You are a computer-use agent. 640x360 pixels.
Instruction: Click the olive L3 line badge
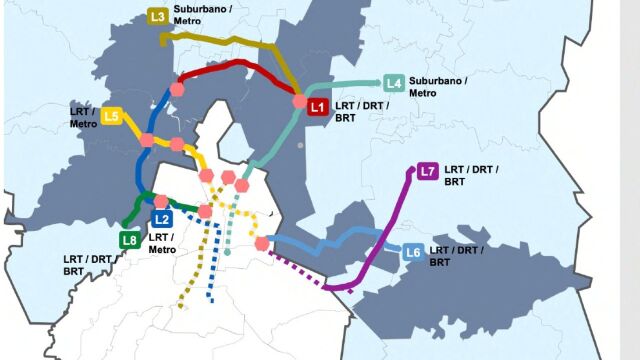(x=157, y=16)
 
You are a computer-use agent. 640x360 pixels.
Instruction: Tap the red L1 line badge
(x=317, y=106)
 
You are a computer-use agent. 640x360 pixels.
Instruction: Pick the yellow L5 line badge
(x=112, y=117)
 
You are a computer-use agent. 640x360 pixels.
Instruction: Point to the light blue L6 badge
(x=413, y=253)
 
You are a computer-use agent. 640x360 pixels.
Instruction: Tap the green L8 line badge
(x=129, y=240)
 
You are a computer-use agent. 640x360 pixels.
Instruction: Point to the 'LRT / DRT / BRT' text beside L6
(x=453, y=255)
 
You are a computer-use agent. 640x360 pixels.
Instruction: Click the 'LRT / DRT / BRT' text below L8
(x=88, y=265)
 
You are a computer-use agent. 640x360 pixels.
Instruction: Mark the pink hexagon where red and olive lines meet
(x=299, y=101)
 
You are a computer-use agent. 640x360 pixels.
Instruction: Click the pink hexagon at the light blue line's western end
(x=262, y=243)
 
